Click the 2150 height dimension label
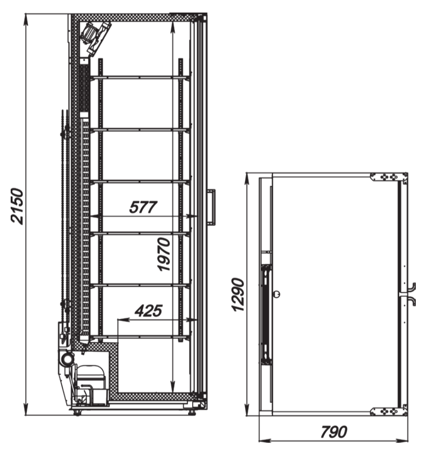(17, 206)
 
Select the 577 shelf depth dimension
(143, 207)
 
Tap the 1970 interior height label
(164, 254)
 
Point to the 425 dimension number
(148, 310)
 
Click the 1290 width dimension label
(238, 294)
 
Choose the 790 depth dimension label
(334, 432)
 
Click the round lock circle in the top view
(277, 294)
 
